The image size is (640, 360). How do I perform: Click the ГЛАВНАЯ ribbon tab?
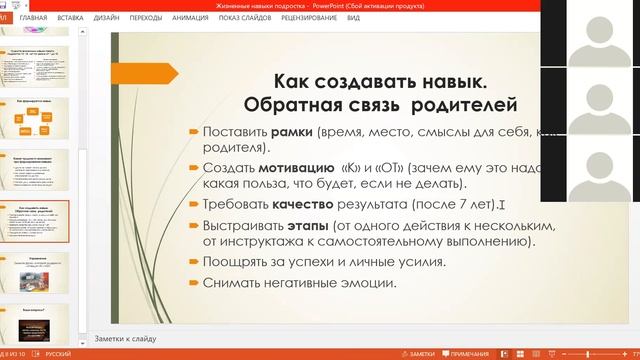pyautogui.click(x=33, y=18)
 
